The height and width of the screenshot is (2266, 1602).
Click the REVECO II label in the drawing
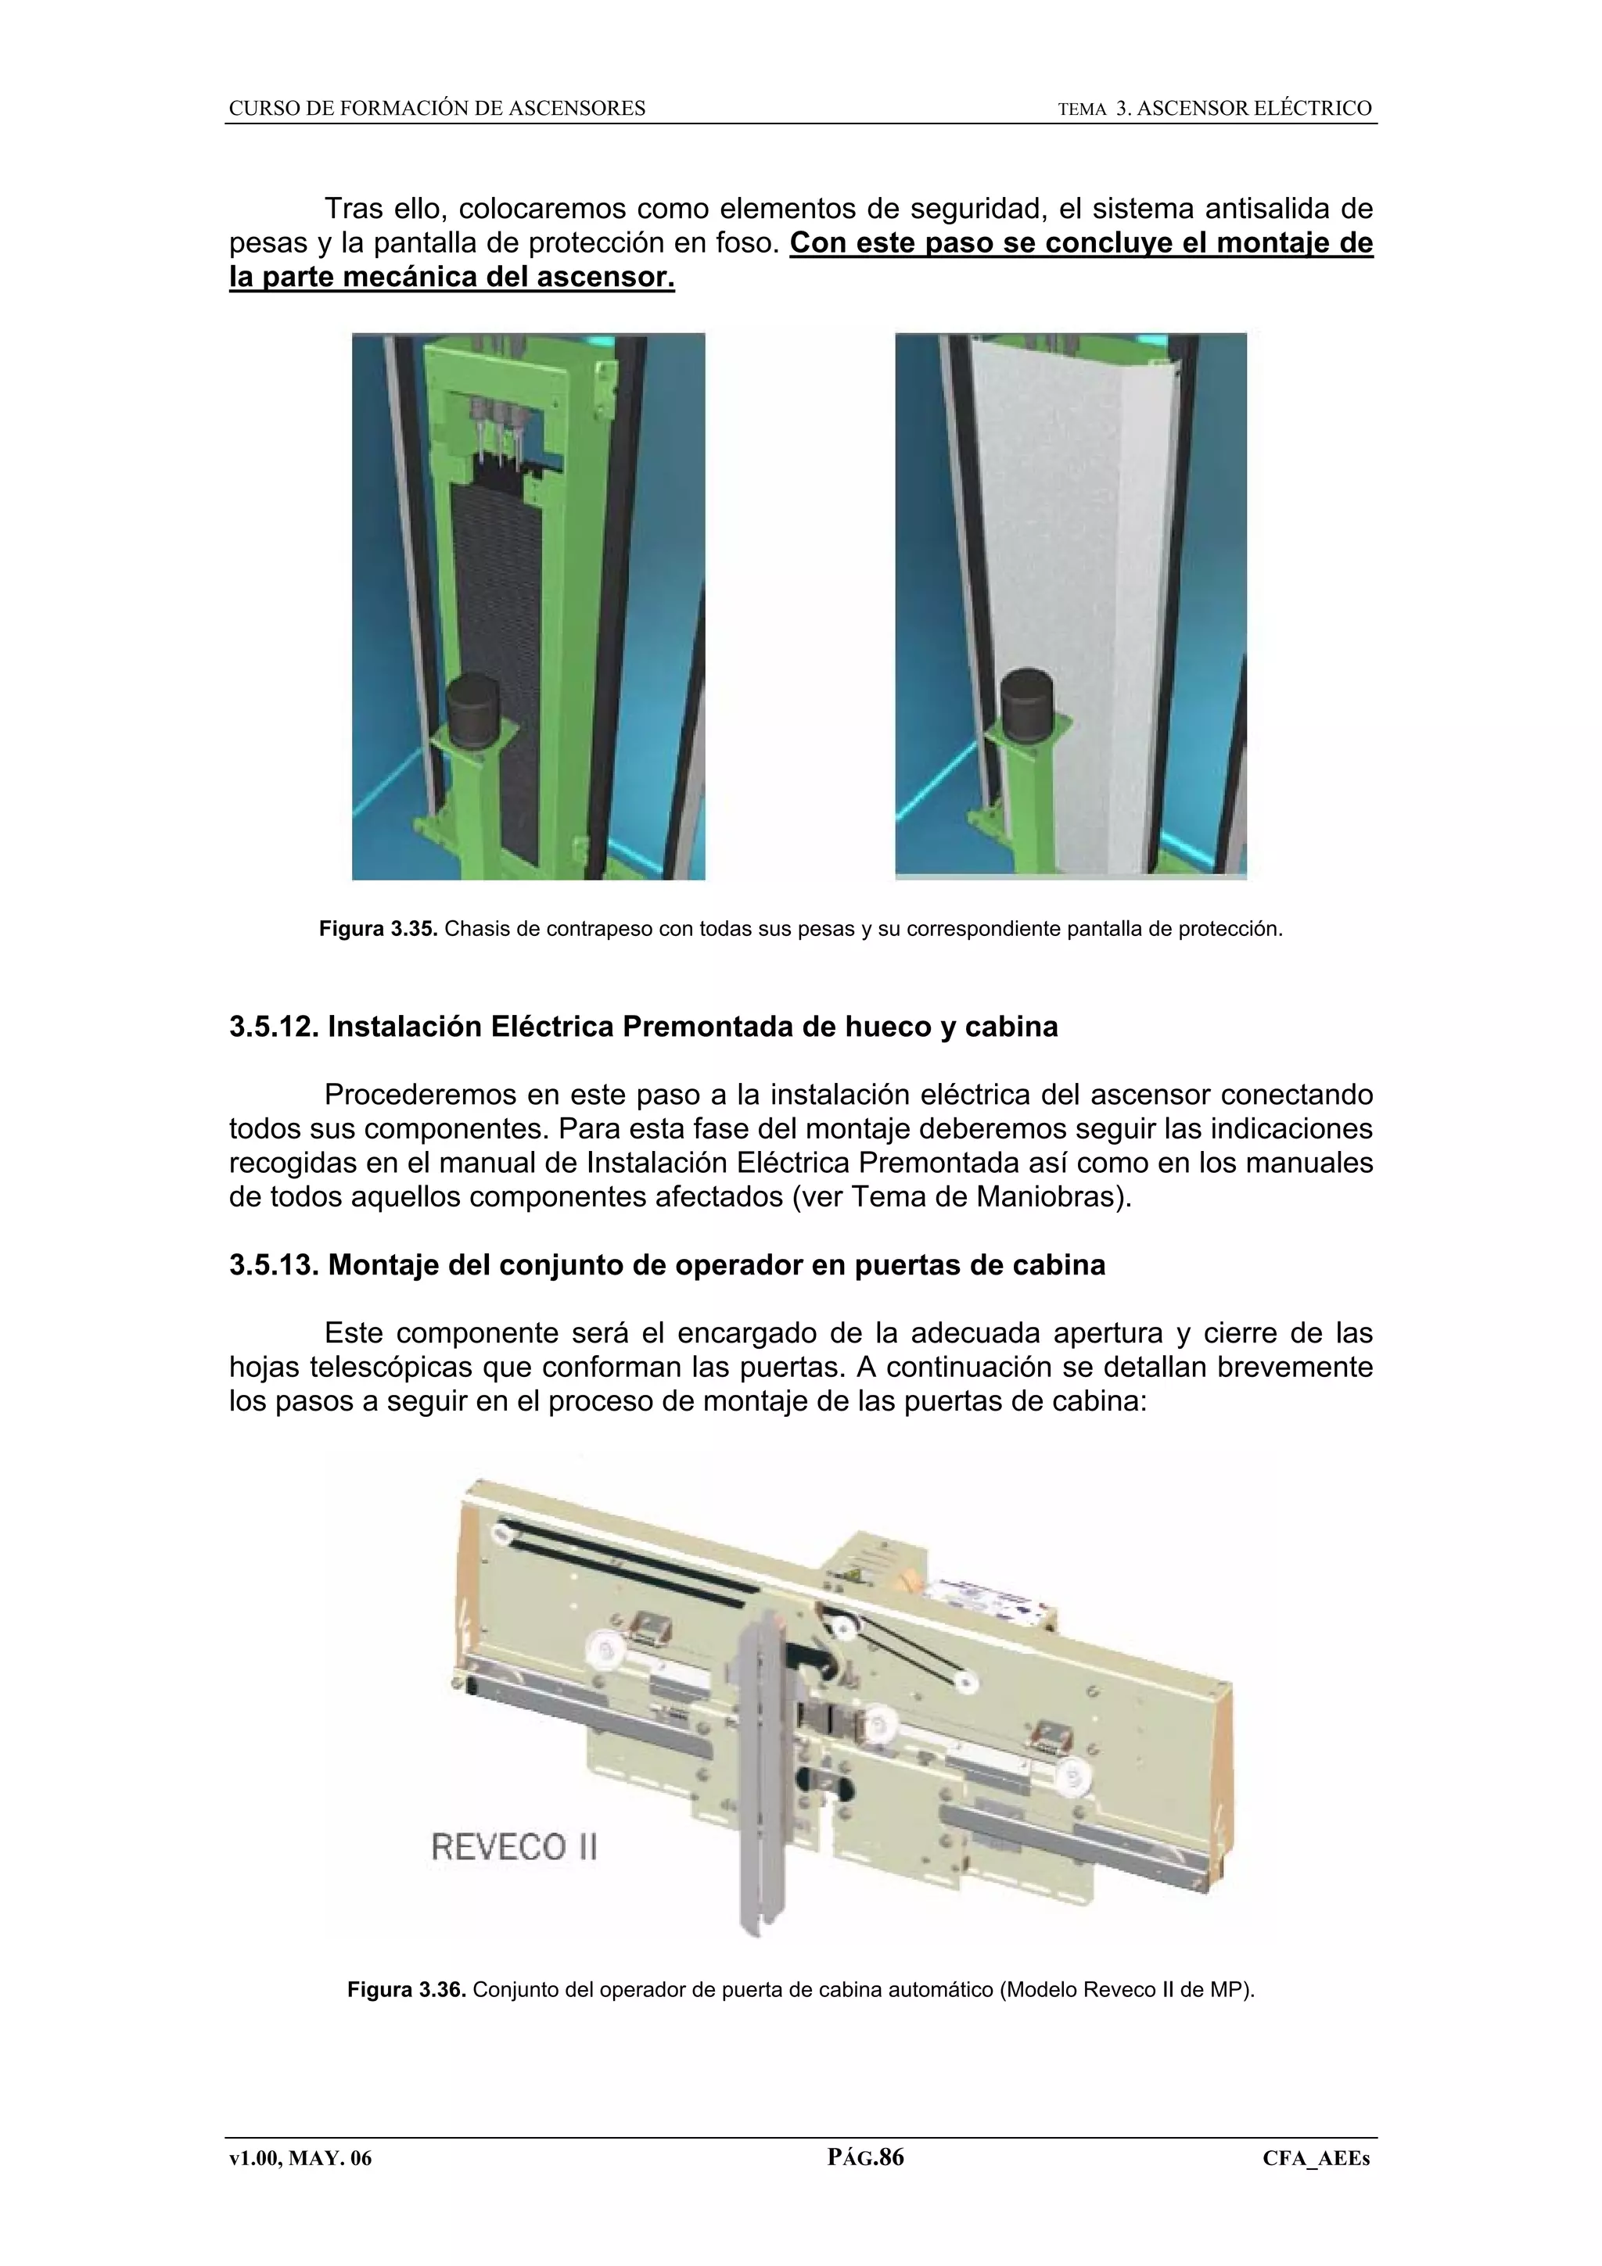(x=514, y=1847)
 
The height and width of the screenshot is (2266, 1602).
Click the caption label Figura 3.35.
(x=378, y=929)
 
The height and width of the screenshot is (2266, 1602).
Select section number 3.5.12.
(x=274, y=1027)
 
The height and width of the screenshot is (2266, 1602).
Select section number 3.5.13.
(x=274, y=1264)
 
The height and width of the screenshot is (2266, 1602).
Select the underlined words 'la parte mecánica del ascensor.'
(x=452, y=278)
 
